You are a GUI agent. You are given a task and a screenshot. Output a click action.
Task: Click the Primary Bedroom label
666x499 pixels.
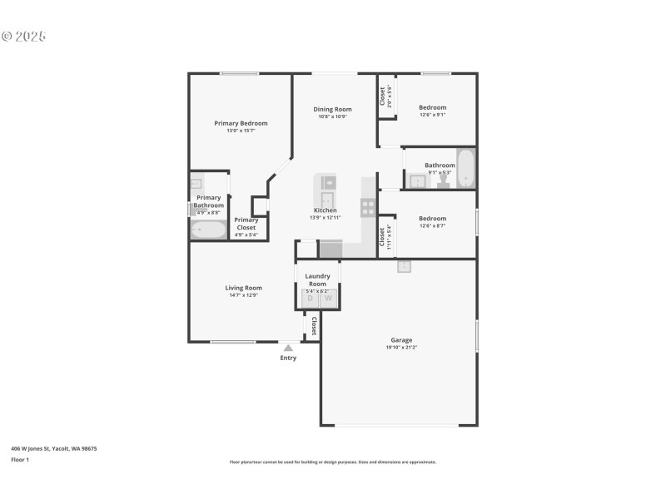241,123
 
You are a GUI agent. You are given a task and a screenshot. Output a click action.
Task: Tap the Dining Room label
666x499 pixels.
332,109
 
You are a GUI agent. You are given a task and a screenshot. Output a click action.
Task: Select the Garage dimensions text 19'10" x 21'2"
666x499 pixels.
401,347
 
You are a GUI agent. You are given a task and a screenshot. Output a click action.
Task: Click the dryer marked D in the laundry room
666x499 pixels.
310,298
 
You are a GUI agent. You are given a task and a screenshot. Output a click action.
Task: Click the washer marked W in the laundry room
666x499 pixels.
328,298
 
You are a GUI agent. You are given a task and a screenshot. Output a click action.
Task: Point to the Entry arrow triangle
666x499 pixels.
288,348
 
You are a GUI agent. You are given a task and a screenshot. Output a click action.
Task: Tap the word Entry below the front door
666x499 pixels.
288,358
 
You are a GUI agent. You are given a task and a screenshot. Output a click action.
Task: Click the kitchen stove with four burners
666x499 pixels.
367,208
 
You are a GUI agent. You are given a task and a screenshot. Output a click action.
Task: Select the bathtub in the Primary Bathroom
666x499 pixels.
208,230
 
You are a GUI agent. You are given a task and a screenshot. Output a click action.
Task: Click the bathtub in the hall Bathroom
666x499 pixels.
465,170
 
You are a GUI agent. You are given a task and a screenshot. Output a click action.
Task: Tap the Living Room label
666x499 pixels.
243,288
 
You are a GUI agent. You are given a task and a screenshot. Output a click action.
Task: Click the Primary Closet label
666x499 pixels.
246,224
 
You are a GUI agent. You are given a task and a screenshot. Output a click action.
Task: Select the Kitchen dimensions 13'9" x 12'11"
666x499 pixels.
324,217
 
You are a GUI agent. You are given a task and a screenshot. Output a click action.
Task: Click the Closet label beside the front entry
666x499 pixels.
314,325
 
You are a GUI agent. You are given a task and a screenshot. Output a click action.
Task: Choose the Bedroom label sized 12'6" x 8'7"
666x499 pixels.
432,219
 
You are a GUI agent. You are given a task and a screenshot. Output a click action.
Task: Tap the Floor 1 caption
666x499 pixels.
20,459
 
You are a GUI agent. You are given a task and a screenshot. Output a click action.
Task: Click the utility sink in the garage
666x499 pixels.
404,266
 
